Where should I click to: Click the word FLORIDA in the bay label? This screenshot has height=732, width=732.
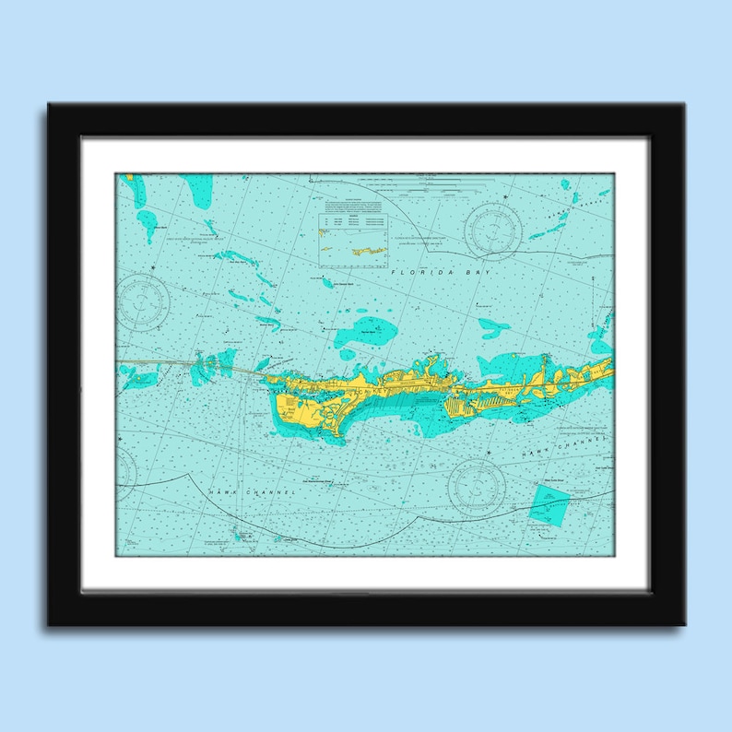pyautogui.click(x=412, y=274)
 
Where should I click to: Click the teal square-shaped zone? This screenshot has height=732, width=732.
pyautogui.click(x=550, y=503)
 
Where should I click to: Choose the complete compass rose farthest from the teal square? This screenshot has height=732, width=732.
pyautogui.click(x=143, y=297)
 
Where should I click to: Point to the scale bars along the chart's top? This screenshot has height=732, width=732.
pyautogui.click(x=452, y=181)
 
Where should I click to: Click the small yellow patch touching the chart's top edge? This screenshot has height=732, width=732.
pyautogui.click(x=130, y=176)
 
